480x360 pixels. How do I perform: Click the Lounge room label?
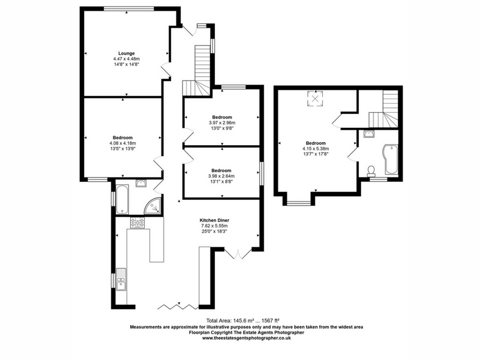click(127, 53)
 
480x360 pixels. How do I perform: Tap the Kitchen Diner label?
click(214, 220)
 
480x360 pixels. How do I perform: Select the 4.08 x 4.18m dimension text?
click(123, 143)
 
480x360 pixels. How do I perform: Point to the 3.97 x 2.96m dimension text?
click(222, 123)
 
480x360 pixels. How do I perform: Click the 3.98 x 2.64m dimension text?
click(221, 176)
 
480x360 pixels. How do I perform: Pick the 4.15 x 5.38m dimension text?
click(316, 149)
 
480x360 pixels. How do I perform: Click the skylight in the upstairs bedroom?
click(315, 98)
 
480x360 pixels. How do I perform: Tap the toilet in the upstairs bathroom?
click(371, 171)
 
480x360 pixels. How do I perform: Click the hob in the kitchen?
click(138, 223)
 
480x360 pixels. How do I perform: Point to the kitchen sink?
click(121, 279)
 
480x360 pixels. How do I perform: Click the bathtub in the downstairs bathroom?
click(122, 199)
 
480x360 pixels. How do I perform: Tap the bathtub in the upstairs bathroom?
click(391, 159)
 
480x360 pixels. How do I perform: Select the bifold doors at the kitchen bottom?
click(178, 307)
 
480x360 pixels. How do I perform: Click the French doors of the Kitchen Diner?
click(238, 254)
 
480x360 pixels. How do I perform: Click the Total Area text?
click(243, 321)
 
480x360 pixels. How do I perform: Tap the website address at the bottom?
click(247, 338)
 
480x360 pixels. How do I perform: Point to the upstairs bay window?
click(298, 202)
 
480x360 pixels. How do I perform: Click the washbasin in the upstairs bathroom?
click(368, 133)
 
